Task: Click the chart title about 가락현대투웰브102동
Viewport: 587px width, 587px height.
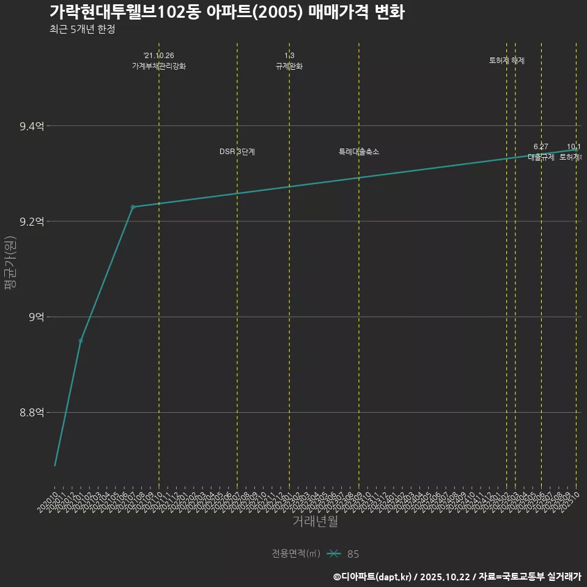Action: pyautogui.click(x=227, y=12)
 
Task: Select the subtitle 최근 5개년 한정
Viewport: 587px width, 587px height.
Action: pyautogui.click(x=82, y=29)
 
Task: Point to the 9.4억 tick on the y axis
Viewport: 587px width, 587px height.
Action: pyautogui.click(x=32, y=127)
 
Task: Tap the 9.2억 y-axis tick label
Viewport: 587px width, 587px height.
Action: pyautogui.click(x=32, y=222)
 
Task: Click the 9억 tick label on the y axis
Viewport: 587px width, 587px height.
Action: pyautogui.click(x=35, y=317)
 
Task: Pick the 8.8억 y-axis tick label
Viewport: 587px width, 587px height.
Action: pyautogui.click(x=32, y=413)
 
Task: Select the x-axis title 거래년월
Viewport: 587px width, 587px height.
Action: pyautogui.click(x=315, y=522)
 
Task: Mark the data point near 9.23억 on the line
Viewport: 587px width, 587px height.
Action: pyautogui.click(x=133, y=207)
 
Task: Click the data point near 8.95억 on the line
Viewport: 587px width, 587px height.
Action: pyautogui.click(x=81, y=340)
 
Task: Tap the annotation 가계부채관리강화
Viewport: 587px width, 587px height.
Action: pyautogui.click(x=159, y=66)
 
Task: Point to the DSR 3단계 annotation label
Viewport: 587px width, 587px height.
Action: pyautogui.click(x=237, y=152)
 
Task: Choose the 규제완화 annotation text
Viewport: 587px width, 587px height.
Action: pyautogui.click(x=289, y=66)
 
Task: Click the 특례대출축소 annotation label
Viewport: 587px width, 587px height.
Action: pyautogui.click(x=359, y=152)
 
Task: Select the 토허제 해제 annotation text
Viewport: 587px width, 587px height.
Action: pyautogui.click(x=507, y=61)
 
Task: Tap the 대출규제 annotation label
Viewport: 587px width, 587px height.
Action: pyautogui.click(x=541, y=157)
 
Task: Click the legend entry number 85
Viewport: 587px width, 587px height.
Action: pyautogui.click(x=353, y=554)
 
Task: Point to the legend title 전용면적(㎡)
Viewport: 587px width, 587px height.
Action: pyautogui.click(x=296, y=554)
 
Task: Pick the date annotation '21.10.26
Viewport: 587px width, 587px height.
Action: pyautogui.click(x=159, y=56)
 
